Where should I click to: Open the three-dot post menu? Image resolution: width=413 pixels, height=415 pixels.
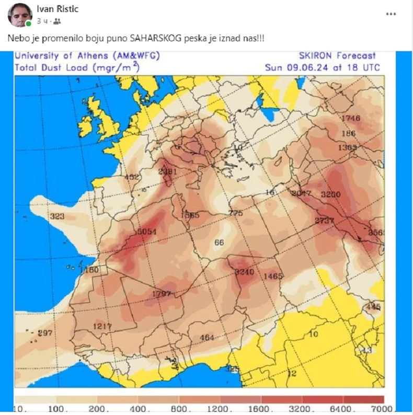coord(391,14)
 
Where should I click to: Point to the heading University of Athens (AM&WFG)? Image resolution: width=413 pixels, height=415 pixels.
coord(87,56)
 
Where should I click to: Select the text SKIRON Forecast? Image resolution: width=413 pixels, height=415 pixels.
coord(337,56)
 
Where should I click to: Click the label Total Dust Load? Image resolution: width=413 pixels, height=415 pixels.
coord(52,67)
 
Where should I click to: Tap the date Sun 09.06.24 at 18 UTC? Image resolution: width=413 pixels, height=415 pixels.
coord(322,67)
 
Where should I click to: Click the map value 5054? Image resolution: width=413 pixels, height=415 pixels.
coord(146,232)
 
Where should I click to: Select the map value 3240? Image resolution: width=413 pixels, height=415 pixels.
coord(244,272)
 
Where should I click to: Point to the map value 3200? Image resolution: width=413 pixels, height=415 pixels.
coord(330,194)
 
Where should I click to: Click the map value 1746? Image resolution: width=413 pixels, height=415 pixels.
coord(350,118)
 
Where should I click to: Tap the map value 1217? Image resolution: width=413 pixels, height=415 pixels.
coord(102,326)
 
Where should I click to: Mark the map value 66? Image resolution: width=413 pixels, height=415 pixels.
coord(219,242)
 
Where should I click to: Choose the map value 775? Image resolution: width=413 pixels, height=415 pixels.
coord(236,213)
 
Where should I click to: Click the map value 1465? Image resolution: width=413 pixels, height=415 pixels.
coord(273,276)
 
